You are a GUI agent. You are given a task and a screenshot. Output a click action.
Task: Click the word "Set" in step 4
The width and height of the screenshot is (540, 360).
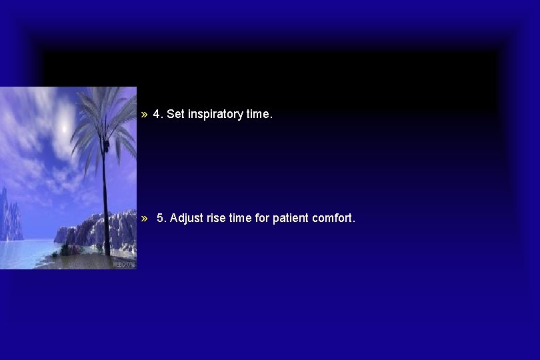click(175, 114)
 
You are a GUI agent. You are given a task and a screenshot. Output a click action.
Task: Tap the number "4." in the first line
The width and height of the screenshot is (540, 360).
click(158, 114)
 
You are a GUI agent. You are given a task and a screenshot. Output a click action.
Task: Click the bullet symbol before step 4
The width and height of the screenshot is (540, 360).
click(145, 115)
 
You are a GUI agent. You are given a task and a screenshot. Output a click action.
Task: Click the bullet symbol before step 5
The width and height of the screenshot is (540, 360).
click(145, 218)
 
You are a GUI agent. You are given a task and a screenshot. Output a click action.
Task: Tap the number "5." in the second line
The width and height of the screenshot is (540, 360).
click(162, 218)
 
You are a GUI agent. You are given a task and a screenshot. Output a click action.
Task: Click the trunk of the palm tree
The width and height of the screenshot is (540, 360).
click(105, 200)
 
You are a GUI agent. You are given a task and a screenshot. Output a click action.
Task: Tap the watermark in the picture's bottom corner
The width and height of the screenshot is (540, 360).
click(126, 264)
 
